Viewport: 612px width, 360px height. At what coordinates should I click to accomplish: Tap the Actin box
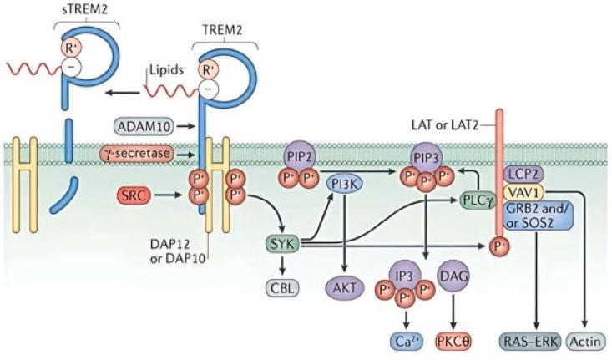tap(585, 340)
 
